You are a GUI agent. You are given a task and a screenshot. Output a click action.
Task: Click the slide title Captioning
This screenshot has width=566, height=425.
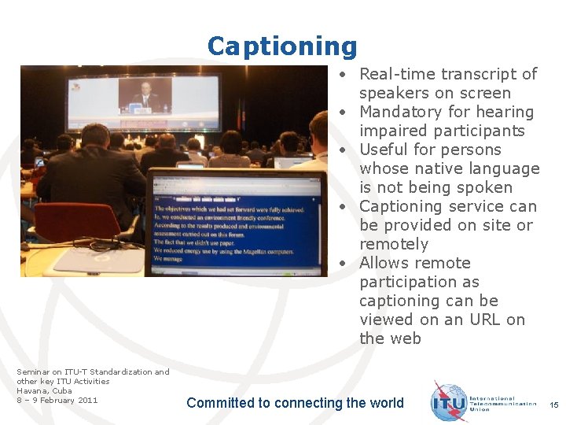pos(282,46)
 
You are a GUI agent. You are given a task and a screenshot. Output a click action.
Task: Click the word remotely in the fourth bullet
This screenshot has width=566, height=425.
pos(394,244)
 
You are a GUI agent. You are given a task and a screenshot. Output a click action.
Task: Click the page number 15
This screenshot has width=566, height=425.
pos(553,405)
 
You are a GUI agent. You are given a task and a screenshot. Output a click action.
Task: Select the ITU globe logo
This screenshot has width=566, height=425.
pos(450,402)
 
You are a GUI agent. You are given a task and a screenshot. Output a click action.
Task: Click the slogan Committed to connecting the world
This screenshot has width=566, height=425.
pos(295,403)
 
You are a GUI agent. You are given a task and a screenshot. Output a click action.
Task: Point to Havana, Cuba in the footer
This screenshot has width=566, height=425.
pos(44,390)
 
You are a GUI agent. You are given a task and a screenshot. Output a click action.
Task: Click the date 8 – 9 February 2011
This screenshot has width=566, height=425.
pos(57,400)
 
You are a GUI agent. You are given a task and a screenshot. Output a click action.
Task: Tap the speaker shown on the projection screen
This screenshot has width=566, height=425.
pos(145,95)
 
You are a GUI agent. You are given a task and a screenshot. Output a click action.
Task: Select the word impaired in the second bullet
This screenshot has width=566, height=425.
pos(392,131)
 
